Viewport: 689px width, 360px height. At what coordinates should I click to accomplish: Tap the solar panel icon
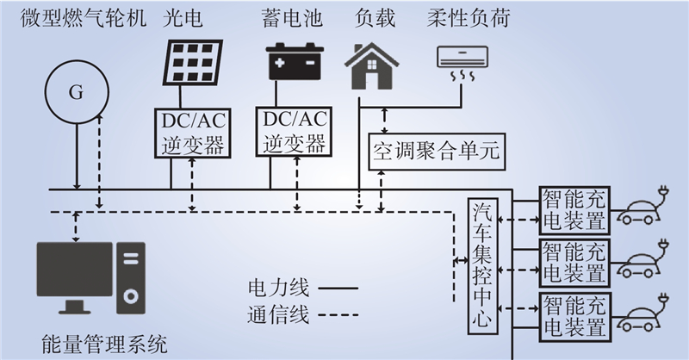click(192, 62)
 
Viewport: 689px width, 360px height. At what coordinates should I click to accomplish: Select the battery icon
click(295, 61)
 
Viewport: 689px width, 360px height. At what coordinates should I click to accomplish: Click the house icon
click(372, 66)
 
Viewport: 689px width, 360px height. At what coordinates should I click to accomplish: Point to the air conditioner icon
click(462, 64)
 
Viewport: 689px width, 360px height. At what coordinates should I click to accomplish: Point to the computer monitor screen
click(74, 269)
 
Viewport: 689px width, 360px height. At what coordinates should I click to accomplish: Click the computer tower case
click(131, 278)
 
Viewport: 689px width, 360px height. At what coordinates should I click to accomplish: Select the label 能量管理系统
click(104, 344)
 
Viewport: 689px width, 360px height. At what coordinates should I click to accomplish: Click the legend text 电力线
click(278, 289)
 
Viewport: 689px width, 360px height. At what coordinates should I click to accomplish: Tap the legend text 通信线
click(278, 314)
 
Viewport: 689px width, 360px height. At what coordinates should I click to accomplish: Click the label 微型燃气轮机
click(84, 18)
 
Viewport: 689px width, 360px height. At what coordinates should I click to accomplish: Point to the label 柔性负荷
click(469, 18)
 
